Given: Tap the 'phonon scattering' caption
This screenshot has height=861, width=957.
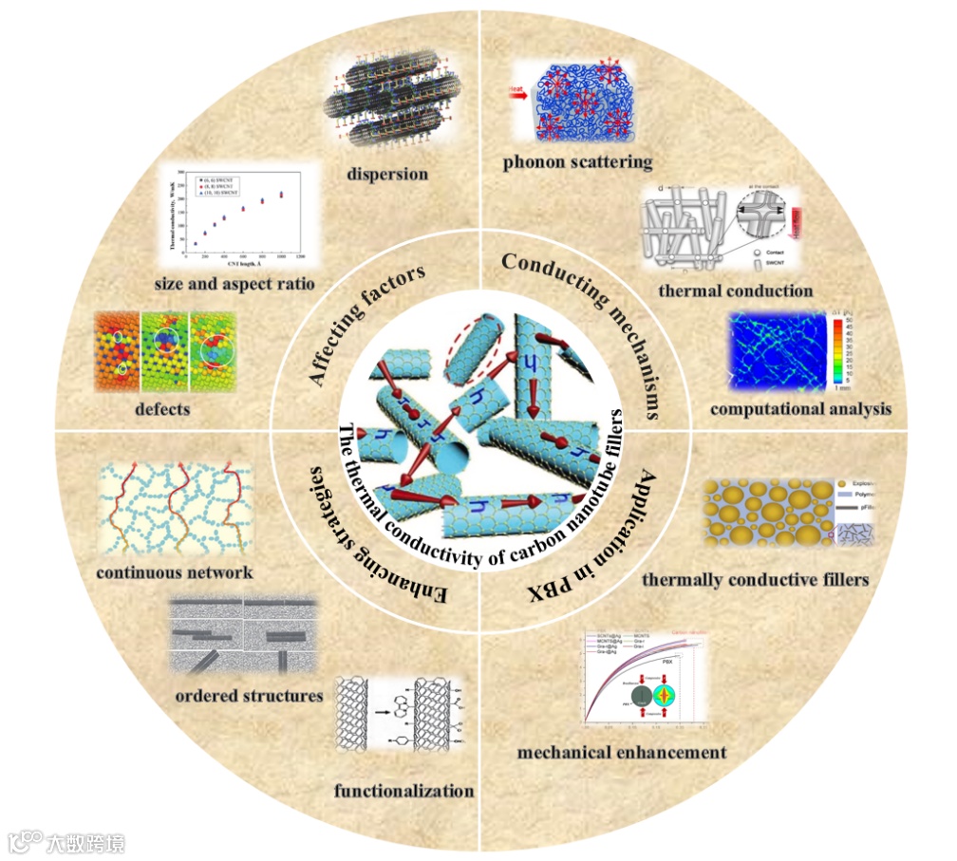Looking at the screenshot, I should (578, 162).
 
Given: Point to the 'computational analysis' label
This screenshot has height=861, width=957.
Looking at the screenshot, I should (801, 409).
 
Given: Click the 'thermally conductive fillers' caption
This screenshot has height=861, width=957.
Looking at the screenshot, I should (756, 579).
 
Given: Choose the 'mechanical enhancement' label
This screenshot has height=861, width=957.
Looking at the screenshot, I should (622, 753).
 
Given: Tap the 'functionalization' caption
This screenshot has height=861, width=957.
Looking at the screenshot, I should (403, 790).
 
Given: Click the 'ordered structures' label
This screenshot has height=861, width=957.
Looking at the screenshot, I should (250, 696).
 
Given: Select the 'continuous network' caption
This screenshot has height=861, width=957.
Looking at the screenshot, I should (175, 572).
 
